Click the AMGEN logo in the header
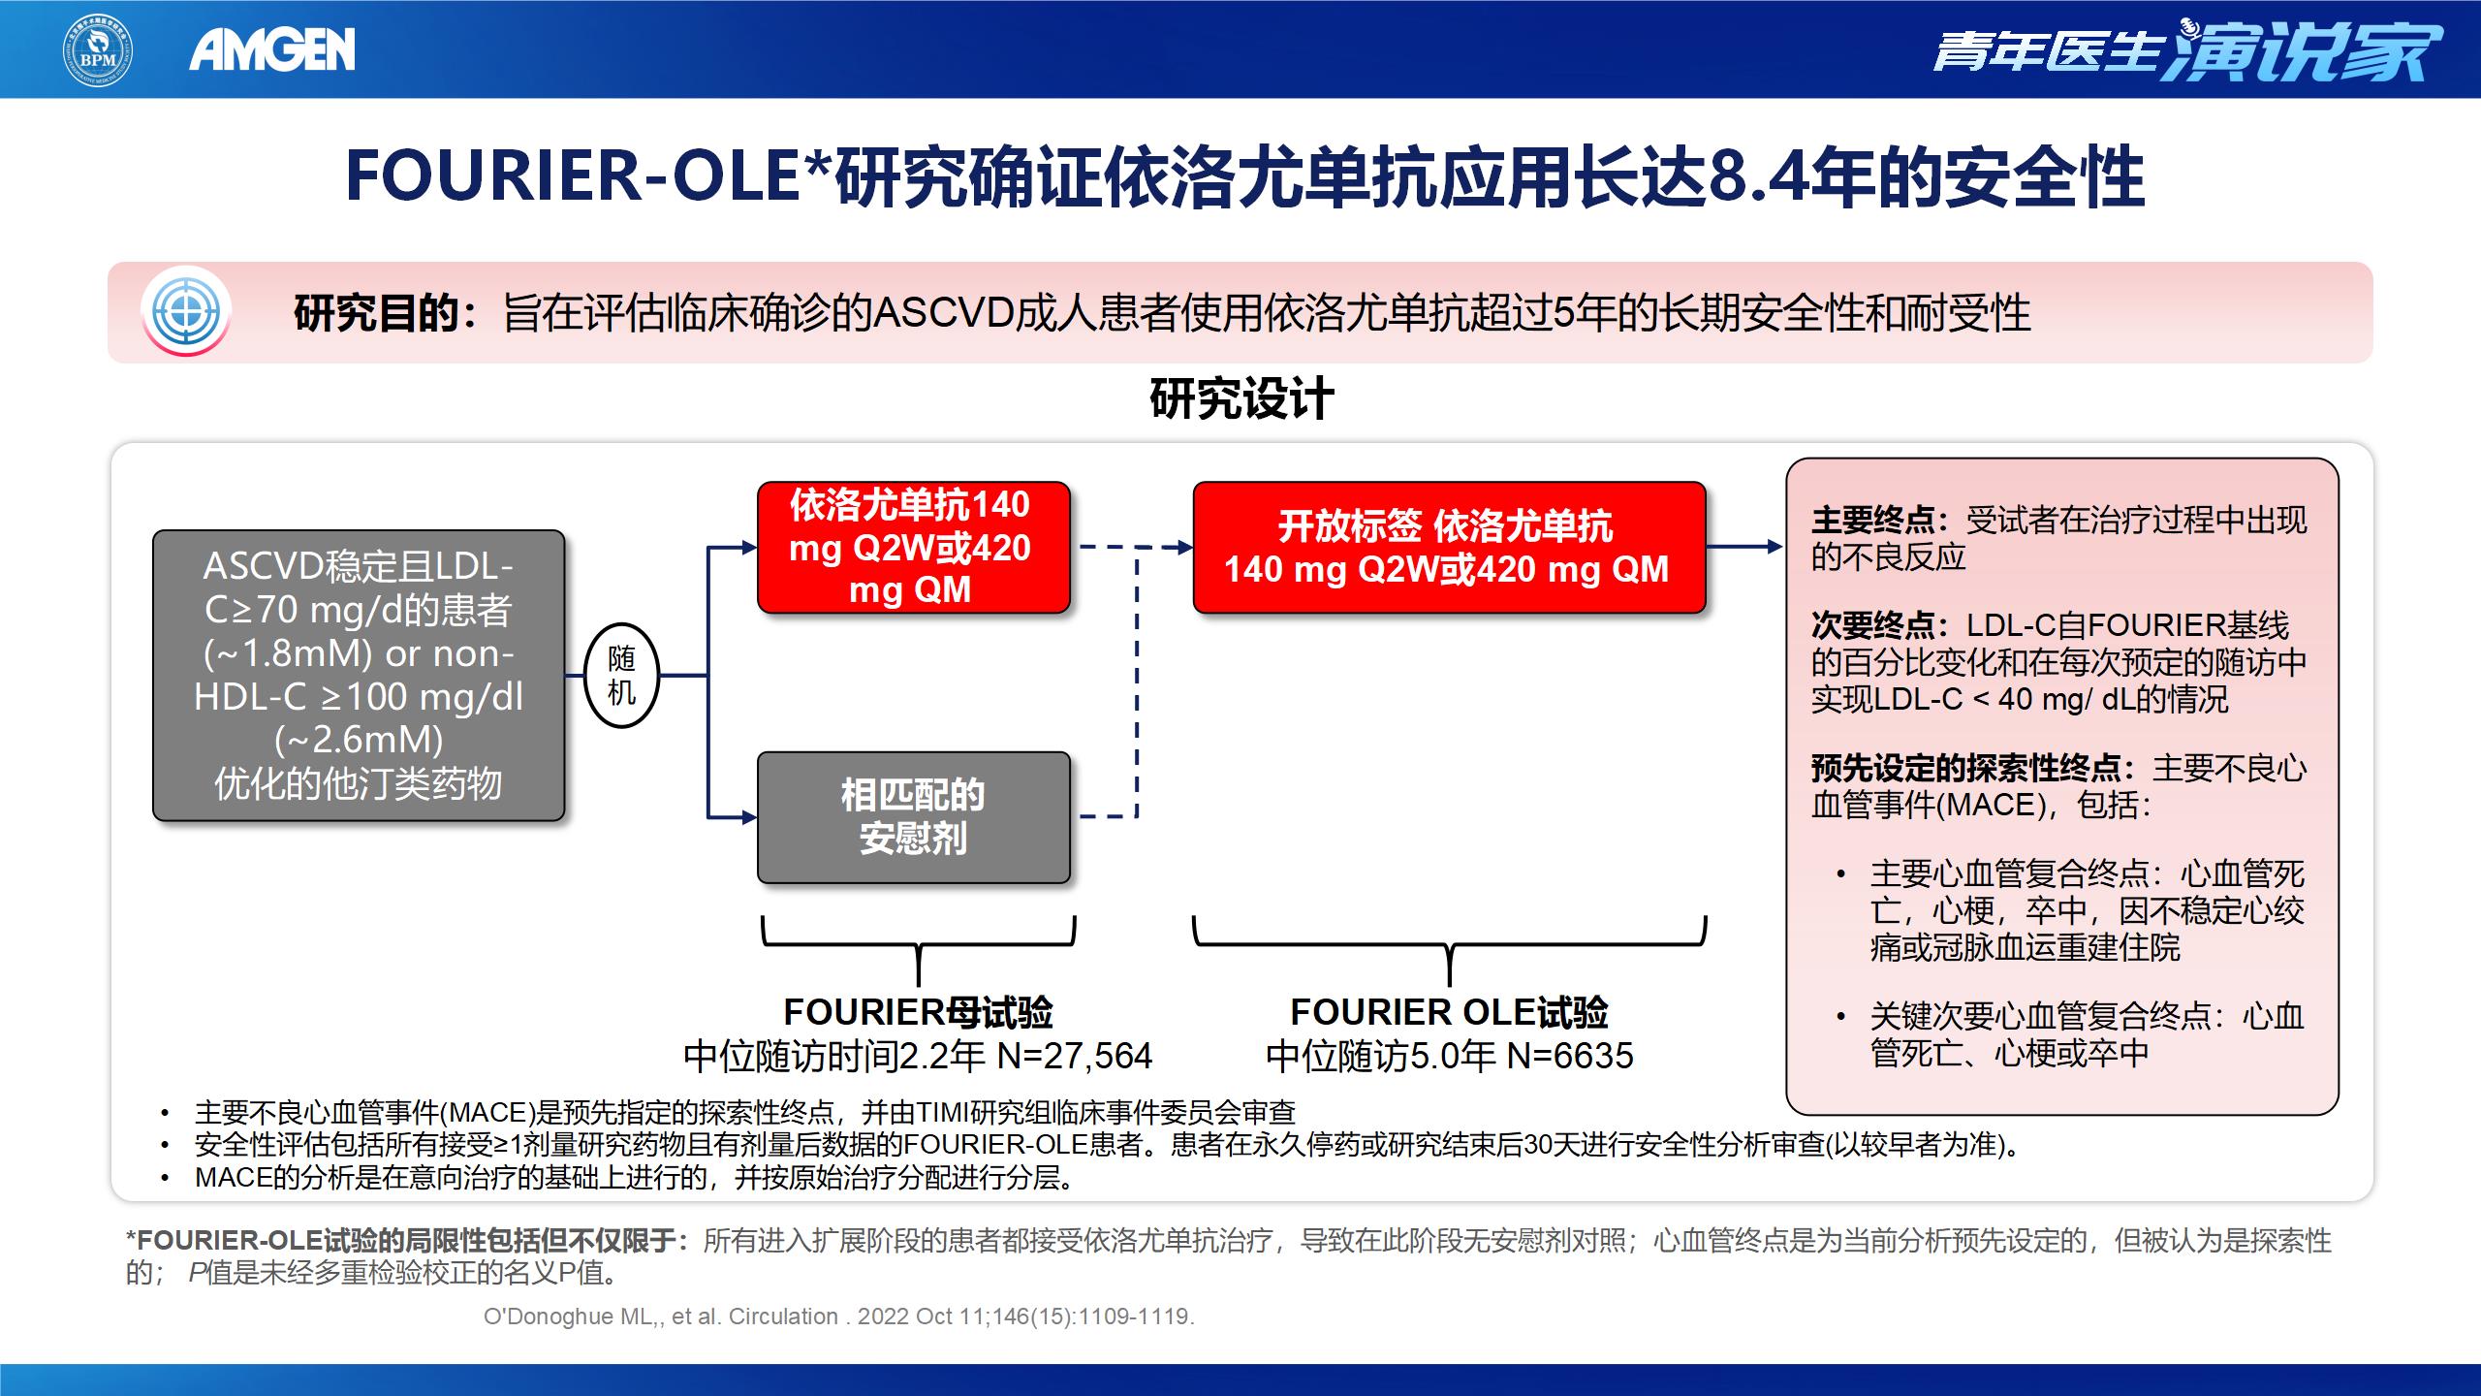(272, 50)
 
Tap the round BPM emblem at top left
(98, 50)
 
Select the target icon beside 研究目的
(186, 312)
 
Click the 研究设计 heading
(1241, 398)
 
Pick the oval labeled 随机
(622, 676)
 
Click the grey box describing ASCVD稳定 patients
(359, 675)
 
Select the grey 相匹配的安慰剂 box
(913, 817)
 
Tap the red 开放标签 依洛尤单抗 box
(1448, 548)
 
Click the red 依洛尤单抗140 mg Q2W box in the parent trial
(912, 548)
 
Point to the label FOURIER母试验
(918, 1013)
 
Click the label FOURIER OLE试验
(1449, 1013)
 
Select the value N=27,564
(1075, 1056)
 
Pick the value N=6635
(1570, 1056)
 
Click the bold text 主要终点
(1873, 521)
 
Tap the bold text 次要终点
(1873, 625)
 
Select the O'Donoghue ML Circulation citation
(839, 1317)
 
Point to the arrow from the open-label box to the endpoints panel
(1744, 547)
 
